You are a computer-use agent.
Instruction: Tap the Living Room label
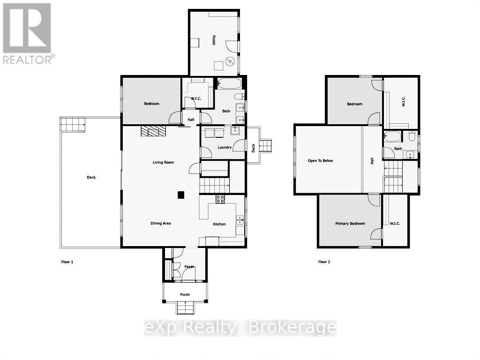(x=163, y=163)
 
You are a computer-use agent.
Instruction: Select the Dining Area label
(x=160, y=224)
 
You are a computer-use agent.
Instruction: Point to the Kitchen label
(x=219, y=224)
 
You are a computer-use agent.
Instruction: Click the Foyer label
(x=189, y=267)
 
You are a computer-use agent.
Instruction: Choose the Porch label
(x=185, y=294)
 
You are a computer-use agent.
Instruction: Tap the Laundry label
(x=225, y=147)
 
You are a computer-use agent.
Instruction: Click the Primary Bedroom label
(x=350, y=224)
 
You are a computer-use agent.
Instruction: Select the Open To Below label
(x=320, y=161)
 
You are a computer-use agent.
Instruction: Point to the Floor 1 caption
(x=67, y=262)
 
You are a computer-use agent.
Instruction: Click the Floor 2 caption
(x=324, y=262)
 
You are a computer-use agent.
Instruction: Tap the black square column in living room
(x=180, y=195)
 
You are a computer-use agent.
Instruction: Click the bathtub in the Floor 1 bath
(x=230, y=84)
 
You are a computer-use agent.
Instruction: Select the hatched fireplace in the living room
(x=153, y=131)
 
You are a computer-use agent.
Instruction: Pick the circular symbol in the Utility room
(x=230, y=61)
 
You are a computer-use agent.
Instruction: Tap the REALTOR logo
(x=28, y=33)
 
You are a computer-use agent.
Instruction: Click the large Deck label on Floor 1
(x=91, y=177)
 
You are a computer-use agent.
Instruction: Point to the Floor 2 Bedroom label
(x=354, y=104)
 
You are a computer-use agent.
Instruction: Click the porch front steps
(x=185, y=307)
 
